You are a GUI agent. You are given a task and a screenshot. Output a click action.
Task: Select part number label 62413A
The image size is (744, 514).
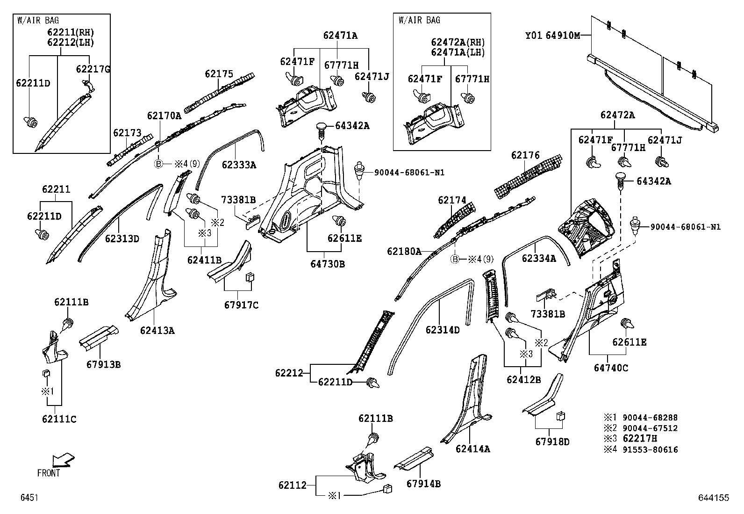click(x=157, y=331)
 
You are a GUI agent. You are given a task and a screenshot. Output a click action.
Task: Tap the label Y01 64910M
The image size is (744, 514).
click(x=552, y=35)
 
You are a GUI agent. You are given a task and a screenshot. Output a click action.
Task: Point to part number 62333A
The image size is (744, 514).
click(x=239, y=165)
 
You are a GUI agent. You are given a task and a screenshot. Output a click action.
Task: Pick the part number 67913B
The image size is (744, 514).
click(x=103, y=364)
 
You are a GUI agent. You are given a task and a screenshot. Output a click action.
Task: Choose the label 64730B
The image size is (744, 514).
click(x=328, y=264)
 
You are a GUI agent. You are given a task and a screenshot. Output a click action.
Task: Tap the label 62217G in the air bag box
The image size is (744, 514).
click(x=93, y=69)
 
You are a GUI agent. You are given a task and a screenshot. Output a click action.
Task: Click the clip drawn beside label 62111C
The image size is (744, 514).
click(x=47, y=373)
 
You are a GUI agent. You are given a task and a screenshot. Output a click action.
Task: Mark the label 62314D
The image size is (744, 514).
click(x=443, y=330)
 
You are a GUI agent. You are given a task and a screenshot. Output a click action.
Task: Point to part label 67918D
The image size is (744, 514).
click(x=552, y=441)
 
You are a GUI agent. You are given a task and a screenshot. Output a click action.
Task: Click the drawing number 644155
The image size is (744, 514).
click(x=713, y=498)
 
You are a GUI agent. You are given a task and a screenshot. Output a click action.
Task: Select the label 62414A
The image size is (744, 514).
click(x=473, y=449)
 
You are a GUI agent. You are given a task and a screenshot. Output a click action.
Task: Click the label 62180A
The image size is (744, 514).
click(x=404, y=252)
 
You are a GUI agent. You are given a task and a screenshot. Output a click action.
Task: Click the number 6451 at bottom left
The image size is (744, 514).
click(x=29, y=498)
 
